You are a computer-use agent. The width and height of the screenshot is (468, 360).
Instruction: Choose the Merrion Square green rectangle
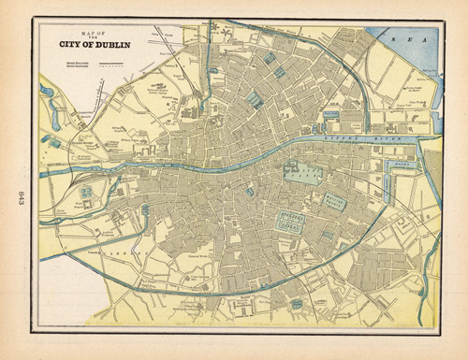(x=334, y=199)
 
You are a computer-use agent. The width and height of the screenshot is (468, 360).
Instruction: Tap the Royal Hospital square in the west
(x=86, y=194)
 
